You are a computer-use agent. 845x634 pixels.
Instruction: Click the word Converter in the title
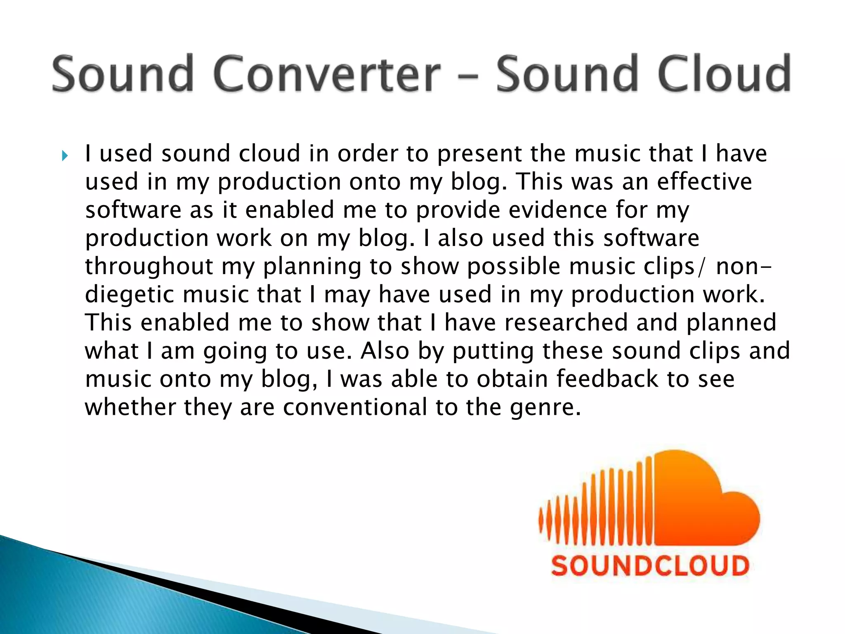tap(328, 74)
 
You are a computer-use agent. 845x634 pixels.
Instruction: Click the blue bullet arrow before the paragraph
tap(64, 156)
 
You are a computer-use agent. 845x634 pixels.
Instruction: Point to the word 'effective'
tap(705, 182)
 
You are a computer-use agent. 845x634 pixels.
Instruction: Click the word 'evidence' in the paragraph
tap(558, 210)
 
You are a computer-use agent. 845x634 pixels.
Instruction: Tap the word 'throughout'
tap(149, 267)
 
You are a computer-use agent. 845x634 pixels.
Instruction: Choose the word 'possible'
tap(514, 267)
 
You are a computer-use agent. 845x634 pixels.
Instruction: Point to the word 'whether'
tap(130, 407)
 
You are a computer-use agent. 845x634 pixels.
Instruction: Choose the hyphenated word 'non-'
tap(743, 267)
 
